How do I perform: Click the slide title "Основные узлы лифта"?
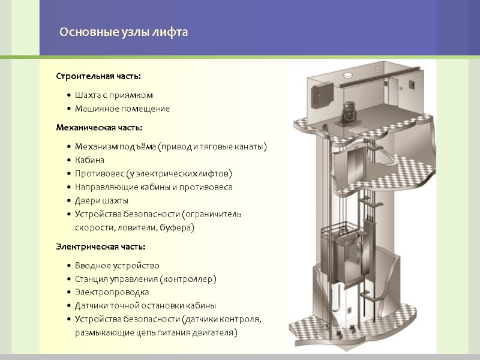pos(124,32)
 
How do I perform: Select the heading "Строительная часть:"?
pos(98,76)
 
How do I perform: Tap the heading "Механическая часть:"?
pos(99,127)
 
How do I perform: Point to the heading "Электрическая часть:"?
pos(100,247)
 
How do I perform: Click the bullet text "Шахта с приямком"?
pos(114,95)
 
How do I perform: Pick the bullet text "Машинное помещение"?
pos(122,109)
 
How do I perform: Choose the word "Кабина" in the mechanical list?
pos(89,160)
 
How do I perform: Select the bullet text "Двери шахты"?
pos(101,201)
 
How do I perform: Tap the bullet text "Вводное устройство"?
pos(117,265)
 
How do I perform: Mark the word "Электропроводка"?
pos(112,292)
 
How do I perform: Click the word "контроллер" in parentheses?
pos(188,279)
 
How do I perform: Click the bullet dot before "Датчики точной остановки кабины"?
pos(69,305)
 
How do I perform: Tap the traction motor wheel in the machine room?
pos(349,114)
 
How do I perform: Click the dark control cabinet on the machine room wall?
pos(322,95)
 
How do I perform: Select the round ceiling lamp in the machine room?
pos(348,74)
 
